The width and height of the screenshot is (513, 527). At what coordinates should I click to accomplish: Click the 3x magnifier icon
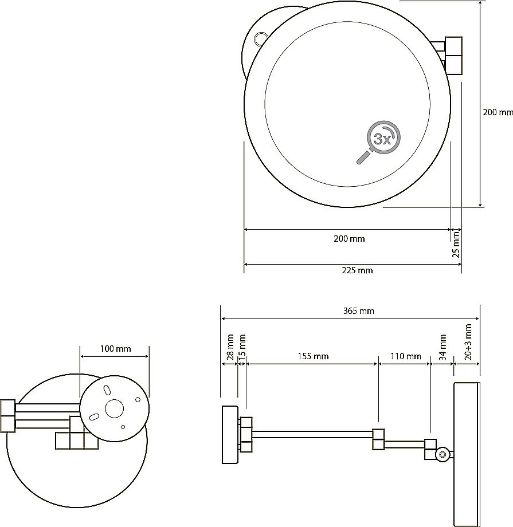(379, 142)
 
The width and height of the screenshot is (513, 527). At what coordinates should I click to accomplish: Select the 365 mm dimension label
(359, 311)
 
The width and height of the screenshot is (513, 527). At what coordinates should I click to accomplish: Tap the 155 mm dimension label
(313, 356)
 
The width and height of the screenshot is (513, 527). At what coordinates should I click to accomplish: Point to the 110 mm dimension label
(406, 356)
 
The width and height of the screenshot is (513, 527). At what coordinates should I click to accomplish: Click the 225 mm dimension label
(357, 270)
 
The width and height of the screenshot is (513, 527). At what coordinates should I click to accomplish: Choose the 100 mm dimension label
(115, 348)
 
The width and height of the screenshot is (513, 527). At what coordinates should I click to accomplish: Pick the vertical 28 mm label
(230, 347)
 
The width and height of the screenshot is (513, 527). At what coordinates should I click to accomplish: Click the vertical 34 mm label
(442, 347)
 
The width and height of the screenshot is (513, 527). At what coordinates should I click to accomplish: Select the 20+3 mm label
(468, 342)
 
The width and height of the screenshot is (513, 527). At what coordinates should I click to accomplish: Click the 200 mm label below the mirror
(349, 239)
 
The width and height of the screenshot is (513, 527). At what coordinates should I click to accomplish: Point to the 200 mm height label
(498, 112)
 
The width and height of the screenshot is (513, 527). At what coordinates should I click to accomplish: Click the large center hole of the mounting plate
(115, 408)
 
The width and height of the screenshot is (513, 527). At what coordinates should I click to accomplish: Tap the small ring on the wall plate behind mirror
(260, 38)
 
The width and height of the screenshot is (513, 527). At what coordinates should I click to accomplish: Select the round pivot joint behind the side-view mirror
(442, 454)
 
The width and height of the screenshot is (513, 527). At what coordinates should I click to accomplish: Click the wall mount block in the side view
(230, 435)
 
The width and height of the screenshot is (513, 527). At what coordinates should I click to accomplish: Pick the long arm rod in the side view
(312, 434)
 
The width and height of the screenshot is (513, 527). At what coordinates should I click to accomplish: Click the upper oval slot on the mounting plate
(107, 391)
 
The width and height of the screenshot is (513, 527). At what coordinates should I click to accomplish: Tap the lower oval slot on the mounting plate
(93, 417)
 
